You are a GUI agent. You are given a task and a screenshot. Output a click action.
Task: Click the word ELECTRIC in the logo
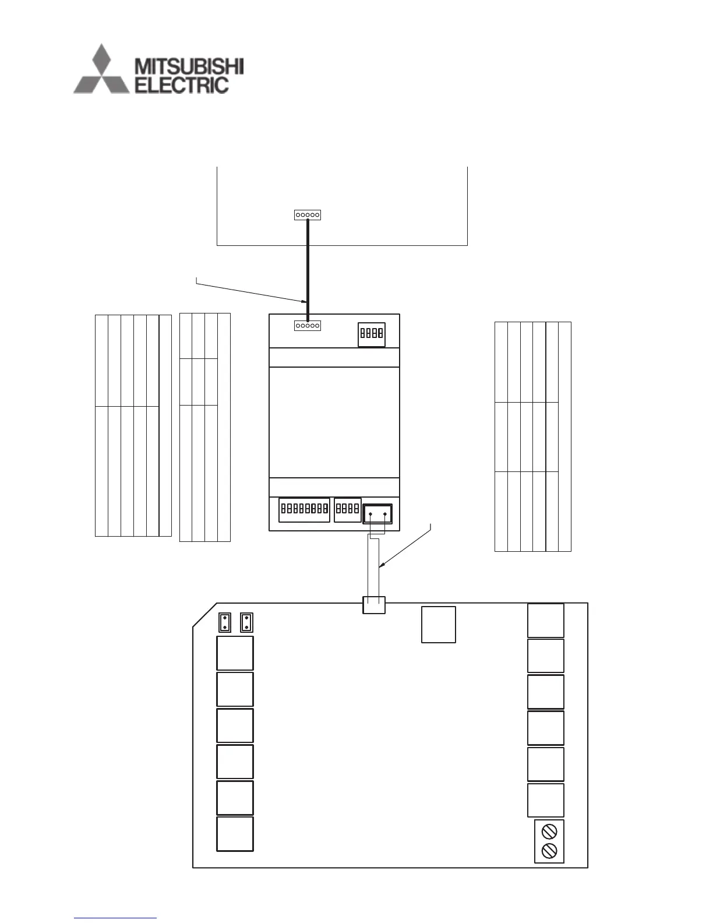tap(181, 85)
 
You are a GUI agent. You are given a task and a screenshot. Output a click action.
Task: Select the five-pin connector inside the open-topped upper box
tap(308, 215)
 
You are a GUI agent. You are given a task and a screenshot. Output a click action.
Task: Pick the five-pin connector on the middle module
tap(308, 326)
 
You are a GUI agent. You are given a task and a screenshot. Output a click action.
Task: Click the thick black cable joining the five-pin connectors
tap(308, 268)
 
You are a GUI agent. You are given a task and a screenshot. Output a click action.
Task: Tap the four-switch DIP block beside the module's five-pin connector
tap(371, 334)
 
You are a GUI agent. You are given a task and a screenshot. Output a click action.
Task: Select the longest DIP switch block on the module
tap(304, 509)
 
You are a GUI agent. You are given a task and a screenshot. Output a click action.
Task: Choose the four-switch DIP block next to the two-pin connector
tap(348, 509)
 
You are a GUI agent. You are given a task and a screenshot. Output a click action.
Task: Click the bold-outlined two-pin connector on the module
tap(377, 514)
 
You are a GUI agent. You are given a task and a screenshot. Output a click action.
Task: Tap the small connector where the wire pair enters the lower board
tap(374, 604)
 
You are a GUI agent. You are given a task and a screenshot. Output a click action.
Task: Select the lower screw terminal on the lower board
tap(549, 851)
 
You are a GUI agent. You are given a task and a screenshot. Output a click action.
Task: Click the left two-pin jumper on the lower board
tap(225, 622)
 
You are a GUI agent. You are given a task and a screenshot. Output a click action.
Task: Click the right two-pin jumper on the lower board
tap(246, 622)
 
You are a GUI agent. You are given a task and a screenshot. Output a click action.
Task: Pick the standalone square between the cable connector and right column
tap(439, 625)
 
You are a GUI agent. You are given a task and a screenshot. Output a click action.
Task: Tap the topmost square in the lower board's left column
tap(235, 653)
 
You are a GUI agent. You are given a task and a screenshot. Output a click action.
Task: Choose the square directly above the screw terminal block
tap(546, 800)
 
